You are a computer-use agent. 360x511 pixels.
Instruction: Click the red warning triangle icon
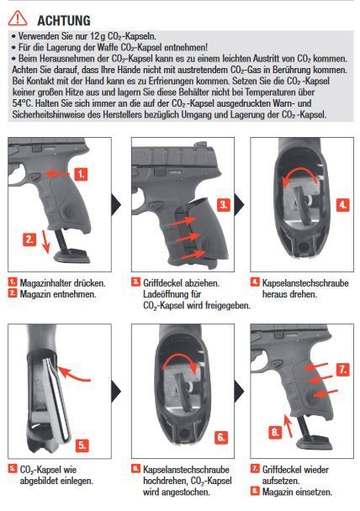[x=18, y=18]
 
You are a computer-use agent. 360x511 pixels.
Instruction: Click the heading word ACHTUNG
[x=64, y=20]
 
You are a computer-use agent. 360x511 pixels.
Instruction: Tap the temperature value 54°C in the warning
[x=22, y=103]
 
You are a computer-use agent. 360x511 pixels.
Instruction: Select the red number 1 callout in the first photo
[x=81, y=174]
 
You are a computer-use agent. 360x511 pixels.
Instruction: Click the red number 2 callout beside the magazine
[x=29, y=240]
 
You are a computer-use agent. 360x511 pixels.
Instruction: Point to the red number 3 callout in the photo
[x=223, y=205]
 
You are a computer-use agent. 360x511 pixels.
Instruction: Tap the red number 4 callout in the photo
[x=342, y=205]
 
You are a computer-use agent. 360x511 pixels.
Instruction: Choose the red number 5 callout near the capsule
[x=82, y=445]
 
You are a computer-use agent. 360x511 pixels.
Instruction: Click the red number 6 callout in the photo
[x=220, y=437]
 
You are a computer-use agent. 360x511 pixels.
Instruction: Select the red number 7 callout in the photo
[x=342, y=370]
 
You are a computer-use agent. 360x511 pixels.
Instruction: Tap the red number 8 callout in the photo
[x=275, y=432]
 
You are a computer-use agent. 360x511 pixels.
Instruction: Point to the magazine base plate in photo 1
[x=72, y=255]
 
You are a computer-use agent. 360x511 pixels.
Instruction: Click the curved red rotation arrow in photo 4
[x=299, y=175]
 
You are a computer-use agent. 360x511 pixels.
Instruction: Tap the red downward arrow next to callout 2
[x=45, y=241]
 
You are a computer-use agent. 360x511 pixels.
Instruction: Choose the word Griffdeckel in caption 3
[x=161, y=283]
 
